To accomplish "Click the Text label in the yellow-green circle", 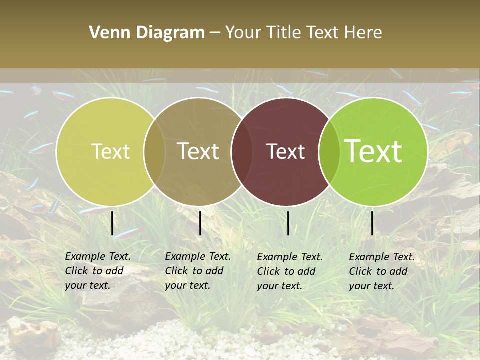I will pyautogui.click(x=110, y=151).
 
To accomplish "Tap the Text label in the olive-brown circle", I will pyautogui.click(x=198, y=151).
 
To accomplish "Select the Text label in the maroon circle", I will pyautogui.click(x=286, y=151).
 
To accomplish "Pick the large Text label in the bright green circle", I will pyautogui.click(x=373, y=151).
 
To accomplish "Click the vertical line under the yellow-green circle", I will pyautogui.click(x=112, y=223).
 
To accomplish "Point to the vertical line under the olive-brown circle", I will pyautogui.click(x=200, y=223).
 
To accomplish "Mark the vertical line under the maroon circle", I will pyautogui.click(x=288, y=223).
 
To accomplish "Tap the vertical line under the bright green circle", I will pyautogui.click(x=372, y=223).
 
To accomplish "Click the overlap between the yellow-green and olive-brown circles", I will pyautogui.click(x=154, y=151).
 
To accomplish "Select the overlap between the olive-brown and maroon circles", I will pyautogui.click(x=242, y=151).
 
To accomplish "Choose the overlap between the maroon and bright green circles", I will pyautogui.click(x=328, y=151).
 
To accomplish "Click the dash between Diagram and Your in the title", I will pyautogui.click(x=215, y=33).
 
